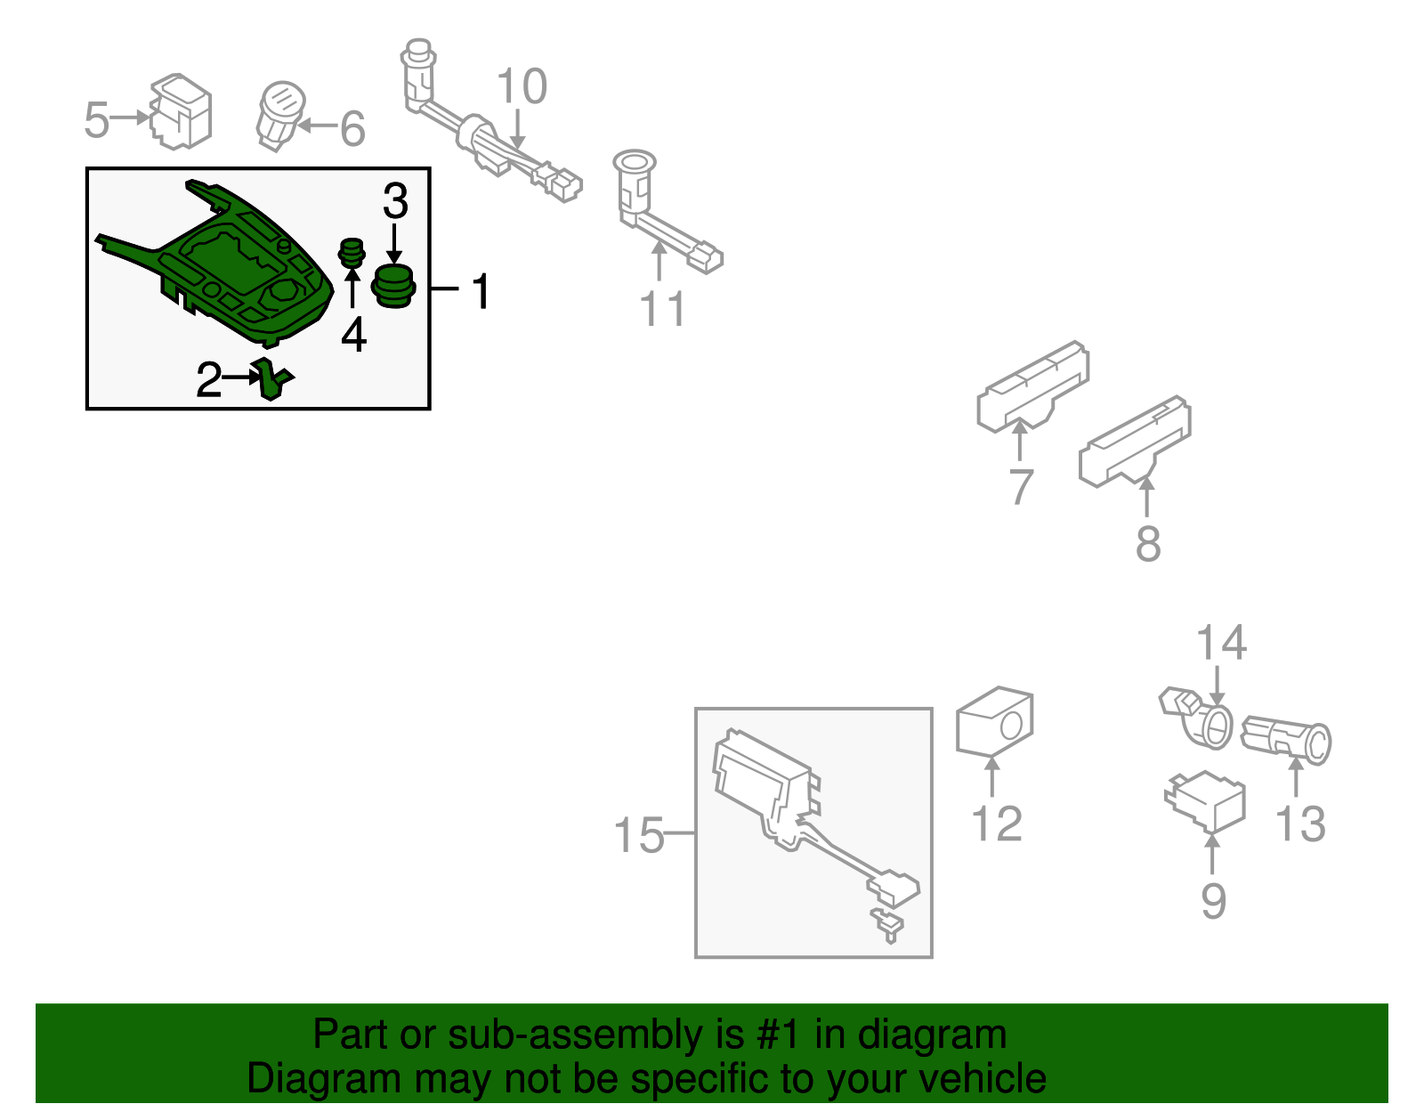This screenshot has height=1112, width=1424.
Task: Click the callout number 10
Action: (522, 87)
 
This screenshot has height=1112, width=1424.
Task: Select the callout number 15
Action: (638, 836)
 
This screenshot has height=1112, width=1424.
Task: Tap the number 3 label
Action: (395, 201)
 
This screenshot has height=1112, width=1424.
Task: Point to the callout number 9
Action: (1213, 901)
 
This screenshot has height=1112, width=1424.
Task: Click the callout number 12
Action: (997, 824)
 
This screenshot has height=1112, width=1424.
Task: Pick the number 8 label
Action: (1148, 543)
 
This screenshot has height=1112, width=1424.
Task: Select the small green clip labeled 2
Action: (272, 379)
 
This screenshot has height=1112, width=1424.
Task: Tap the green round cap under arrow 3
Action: (393, 285)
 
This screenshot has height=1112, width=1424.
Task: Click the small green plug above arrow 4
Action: (352, 253)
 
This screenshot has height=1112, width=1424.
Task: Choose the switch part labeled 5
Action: (182, 111)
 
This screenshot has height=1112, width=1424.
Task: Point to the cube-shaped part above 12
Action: (994, 721)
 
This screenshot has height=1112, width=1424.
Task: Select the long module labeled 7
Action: (1032, 388)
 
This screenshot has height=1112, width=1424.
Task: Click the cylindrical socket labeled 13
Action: (1287, 739)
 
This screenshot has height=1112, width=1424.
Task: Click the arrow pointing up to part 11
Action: (659, 263)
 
